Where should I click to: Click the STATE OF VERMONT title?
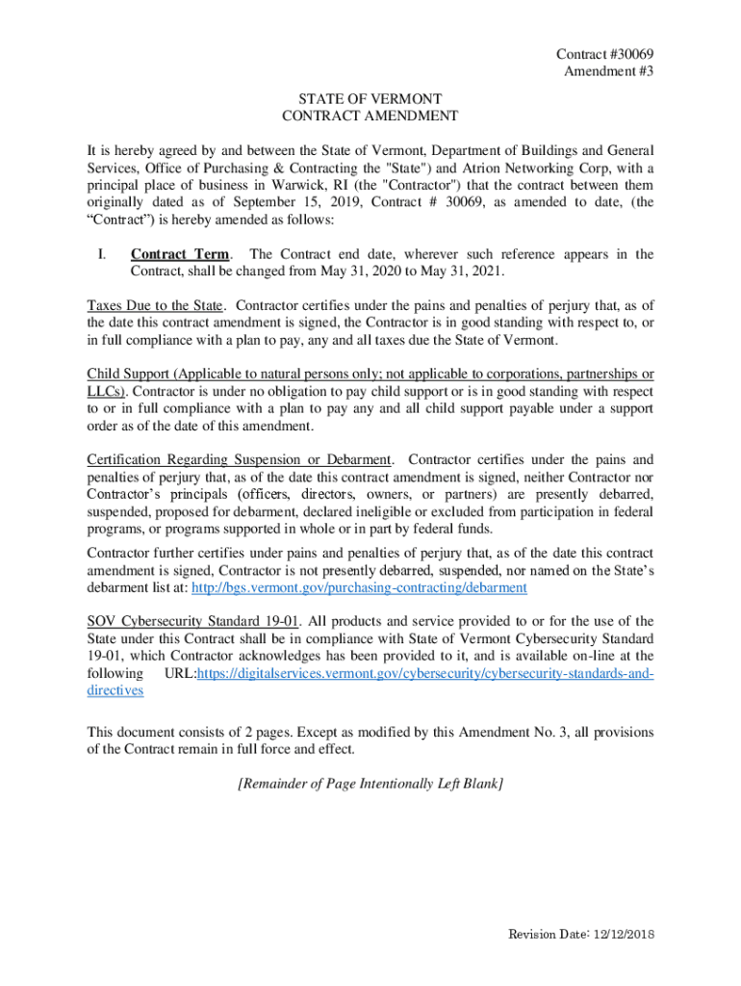tap(370, 98)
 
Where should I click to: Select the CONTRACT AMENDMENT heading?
tap(370, 116)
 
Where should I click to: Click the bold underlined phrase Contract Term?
tap(180, 254)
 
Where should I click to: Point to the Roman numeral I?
tap(101, 254)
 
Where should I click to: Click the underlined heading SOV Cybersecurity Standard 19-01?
tap(181, 621)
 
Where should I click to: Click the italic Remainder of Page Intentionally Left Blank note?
tap(370, 784)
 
